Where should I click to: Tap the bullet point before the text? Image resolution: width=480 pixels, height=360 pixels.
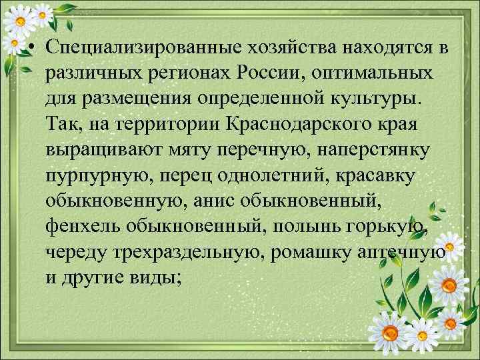point(32,49)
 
